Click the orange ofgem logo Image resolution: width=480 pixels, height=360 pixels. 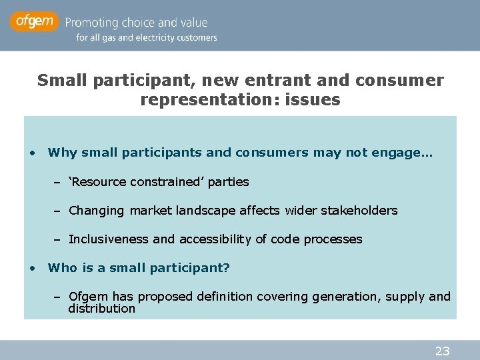(34, 22)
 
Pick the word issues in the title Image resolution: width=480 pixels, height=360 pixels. (316, 100)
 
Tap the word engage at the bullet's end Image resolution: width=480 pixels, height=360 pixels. (407, 153)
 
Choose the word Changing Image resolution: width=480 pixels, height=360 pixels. (97, 211)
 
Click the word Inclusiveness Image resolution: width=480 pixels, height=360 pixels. (109, 239)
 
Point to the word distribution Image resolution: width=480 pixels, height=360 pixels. (101, 309)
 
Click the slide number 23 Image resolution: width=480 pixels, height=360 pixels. (443, 351)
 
